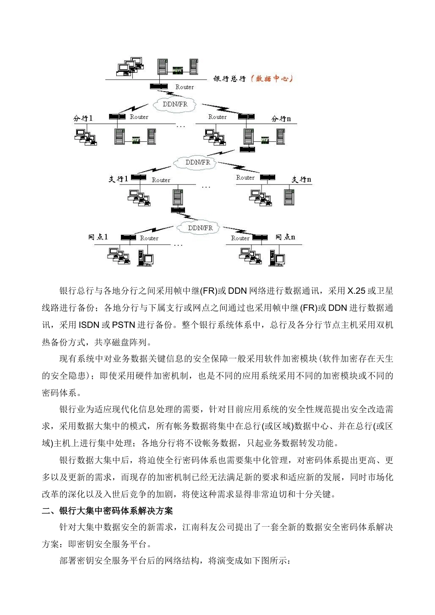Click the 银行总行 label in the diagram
click(x=229, y=79)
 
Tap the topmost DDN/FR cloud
click(x=175, y=104)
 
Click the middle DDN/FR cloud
click(x=198, y=162)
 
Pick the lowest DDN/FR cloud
click(x=201, y=227)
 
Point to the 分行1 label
click(x=83, y=118)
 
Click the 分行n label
click(x=281, y=119)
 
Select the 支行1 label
click(x=118, y=178)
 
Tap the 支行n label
click(x=302, y=179)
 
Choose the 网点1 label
click(x=98, y=237)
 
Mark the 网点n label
click(x=285, y=237)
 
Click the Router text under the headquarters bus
click(x=185, y=87)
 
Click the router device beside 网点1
click(x=128, y=237)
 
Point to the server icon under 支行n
click(x=288, y=196)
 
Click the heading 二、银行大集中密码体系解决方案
click(x=107, y=511)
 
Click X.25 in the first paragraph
click(x=356, y=291)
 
